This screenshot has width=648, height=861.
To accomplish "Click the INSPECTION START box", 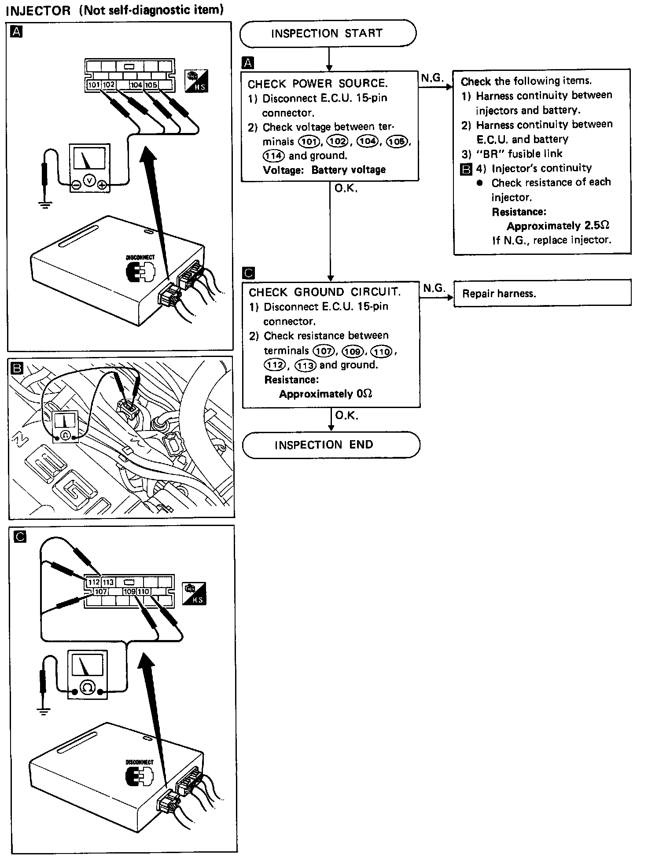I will [327, 33].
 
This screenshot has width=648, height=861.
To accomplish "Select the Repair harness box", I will [542, 293].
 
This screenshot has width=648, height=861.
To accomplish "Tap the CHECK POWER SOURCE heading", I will [317, 84].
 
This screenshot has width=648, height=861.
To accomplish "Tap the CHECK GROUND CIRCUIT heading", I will [325, 292].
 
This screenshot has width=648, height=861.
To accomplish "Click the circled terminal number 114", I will [273, 155].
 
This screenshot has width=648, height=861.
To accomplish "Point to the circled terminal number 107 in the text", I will [324, 351].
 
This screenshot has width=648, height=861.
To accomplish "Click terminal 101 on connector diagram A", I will [93, 85].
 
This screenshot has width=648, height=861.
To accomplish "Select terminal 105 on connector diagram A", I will [151, 85].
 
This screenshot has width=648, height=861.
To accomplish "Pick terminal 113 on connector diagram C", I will [108, 582].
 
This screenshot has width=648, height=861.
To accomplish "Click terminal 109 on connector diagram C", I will [129, 592].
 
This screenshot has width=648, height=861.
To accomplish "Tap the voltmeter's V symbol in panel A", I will [89, 180].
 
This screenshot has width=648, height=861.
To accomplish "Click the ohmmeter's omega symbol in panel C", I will [88, 687].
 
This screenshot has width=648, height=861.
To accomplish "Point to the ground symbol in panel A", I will [44, 204].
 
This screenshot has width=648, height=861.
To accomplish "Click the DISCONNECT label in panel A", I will [140, 258].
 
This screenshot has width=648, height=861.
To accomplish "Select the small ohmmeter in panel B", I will [66, 426].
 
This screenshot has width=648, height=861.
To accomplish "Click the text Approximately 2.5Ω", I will [558, 226].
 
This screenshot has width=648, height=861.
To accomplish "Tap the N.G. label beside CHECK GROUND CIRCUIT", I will [434, 288].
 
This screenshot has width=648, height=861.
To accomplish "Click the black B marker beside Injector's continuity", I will [466, 169].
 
